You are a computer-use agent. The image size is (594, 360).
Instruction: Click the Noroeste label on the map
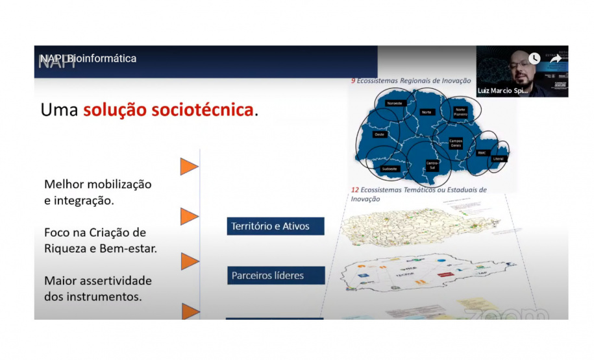394,103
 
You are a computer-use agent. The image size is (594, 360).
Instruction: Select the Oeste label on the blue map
380,134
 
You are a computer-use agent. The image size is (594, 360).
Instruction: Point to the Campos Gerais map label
456,143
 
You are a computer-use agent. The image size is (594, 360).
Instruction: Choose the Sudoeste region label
390,168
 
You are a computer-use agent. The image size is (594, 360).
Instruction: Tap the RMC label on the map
482,153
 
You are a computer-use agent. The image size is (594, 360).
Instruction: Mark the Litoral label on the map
498,158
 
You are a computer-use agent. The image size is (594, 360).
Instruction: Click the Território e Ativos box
275,226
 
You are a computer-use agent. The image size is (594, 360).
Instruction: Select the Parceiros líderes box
275,275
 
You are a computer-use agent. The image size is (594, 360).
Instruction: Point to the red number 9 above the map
353,81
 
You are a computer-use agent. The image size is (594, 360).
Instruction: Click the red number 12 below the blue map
354,190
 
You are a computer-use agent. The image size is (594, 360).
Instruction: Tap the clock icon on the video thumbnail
534,58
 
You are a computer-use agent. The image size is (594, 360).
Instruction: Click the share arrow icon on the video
556,58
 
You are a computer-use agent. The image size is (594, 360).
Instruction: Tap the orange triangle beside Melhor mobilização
189,167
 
